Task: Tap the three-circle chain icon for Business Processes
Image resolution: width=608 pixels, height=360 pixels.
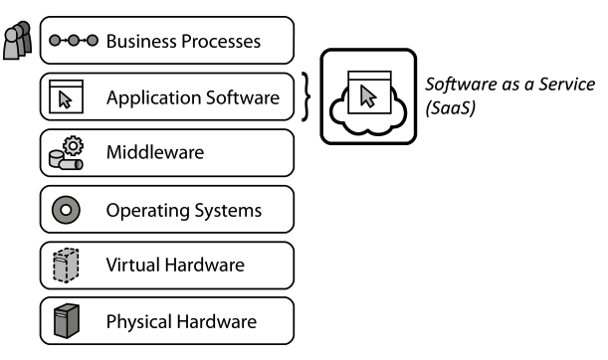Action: [x=73, y=42]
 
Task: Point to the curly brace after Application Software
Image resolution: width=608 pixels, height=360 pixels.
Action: [x=307, y=97]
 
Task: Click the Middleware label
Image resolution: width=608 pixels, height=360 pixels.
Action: [x=155, y=154]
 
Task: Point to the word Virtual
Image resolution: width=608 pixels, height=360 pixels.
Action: [x=131, y=267]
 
